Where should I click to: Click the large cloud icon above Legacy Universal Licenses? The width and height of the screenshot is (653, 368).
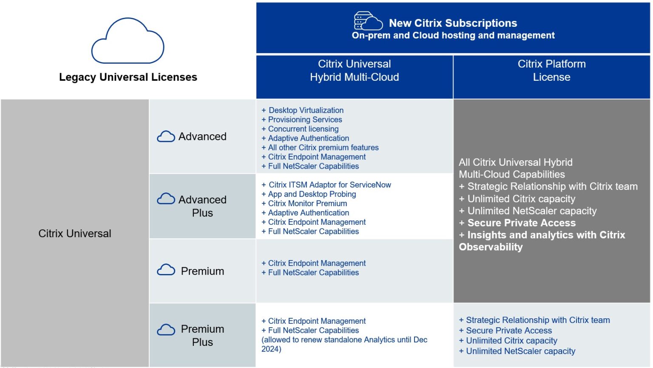pyautogui.click(x=128, y=41)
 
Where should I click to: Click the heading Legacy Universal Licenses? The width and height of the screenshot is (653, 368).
pyautogui.click(x=128, y=77)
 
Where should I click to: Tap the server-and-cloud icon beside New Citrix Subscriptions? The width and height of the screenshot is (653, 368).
pyautogui.click(x=367, y=21)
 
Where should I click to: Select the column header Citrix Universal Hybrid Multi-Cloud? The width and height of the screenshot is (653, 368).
pyautogui.click(x=354, y=71)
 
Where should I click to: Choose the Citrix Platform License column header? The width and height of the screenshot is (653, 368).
pyautogui.click(x=551, y=71)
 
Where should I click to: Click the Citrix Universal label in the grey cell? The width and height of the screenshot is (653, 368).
pyautogui.click(x=75, y=233)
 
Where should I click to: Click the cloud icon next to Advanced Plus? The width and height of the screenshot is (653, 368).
pyautogui.click(x=166, y=199)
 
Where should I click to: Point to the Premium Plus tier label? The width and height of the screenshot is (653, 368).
pyautogui.click(x=202, y=335)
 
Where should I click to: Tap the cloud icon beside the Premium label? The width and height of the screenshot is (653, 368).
pyautogui.click(x=166, y=270)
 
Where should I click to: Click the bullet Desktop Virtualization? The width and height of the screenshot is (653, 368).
pyautogui.click(x=306, y=110)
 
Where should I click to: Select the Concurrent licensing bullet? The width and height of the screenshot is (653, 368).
pyautogui.click(x=303, y=129)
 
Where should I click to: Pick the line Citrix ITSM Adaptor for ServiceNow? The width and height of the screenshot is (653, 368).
pyautogui.click(x=329, y=185)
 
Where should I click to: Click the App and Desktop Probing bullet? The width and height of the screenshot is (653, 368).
pyautogui.click(x=312, y=194)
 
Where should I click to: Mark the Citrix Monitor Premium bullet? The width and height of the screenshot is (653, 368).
pyautogui.click(x=307, y=204)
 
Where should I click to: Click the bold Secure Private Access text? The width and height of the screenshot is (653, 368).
pyautogui.click(x=521, y=223)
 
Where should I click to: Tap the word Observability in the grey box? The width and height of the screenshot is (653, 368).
pyautogui.click(x=491, y=247)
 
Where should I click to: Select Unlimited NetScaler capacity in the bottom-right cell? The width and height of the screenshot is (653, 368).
pyautogui.click(x=520, y=351)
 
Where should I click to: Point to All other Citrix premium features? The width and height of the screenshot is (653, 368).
pyautogui.click(x=323, y=148)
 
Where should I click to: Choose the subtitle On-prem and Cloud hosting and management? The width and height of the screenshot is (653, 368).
pyautogui.click(x=453, y=36)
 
